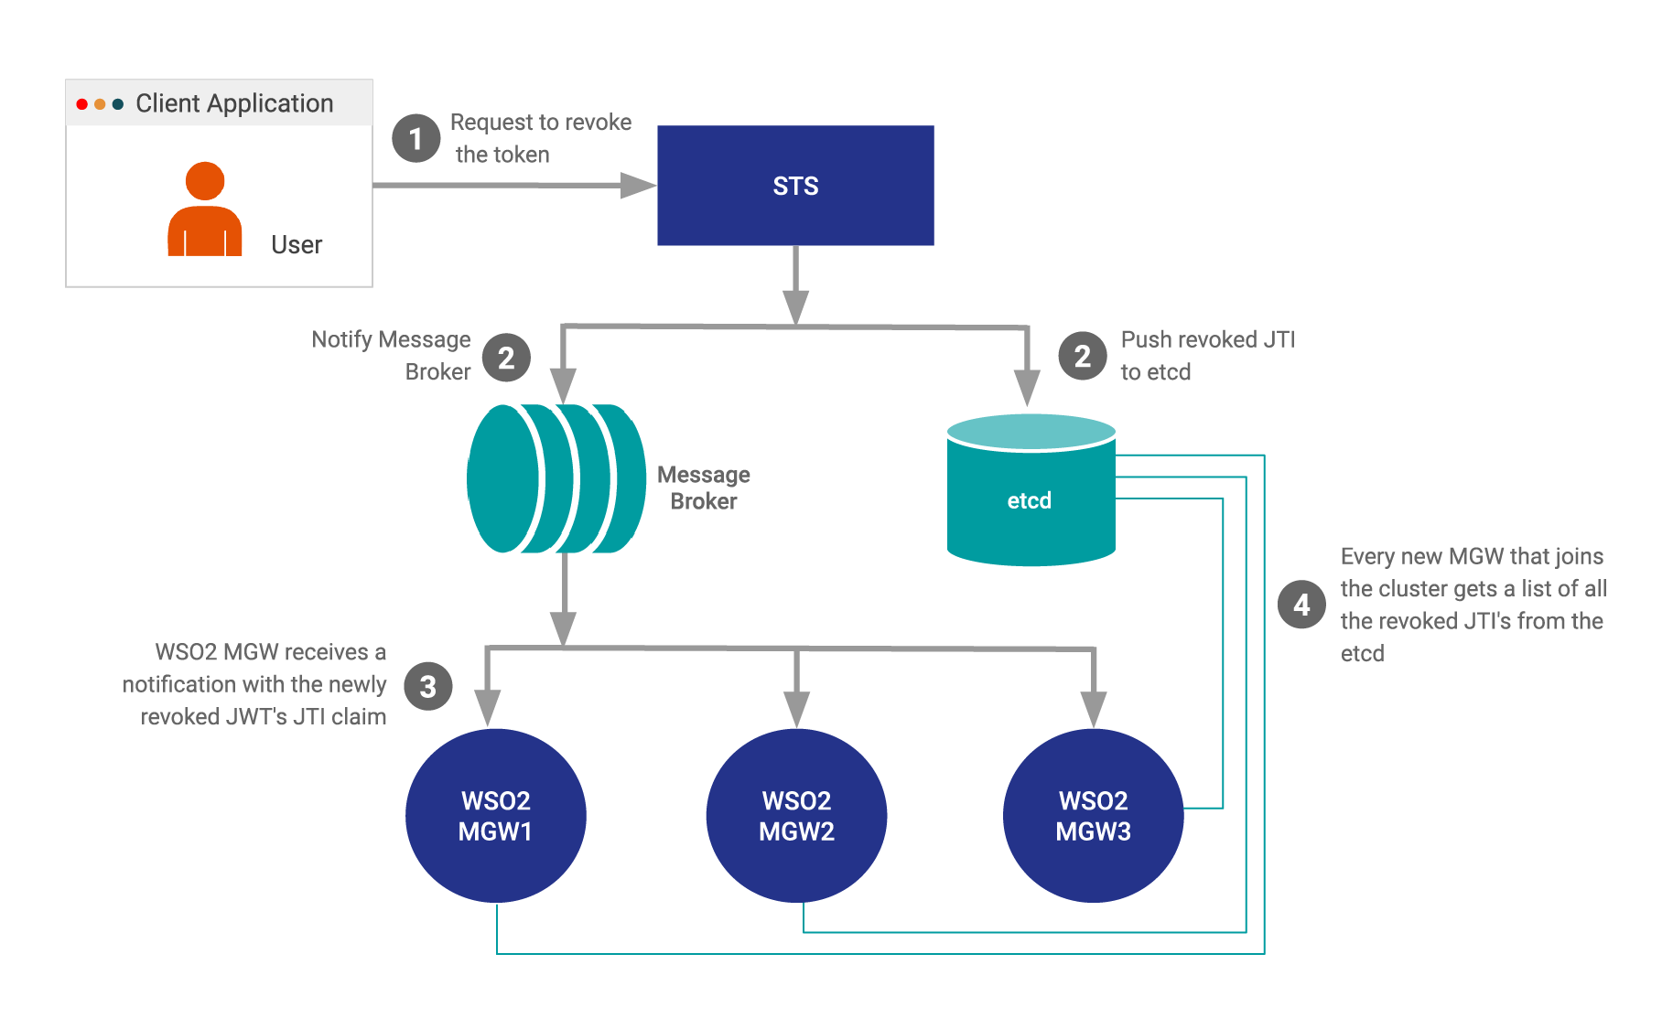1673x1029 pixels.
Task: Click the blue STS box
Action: coord(795,185)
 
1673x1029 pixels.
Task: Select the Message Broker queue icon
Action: coord(556,478)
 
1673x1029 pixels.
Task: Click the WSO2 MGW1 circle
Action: coord(495,815)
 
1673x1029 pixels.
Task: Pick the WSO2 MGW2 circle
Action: coord(796,815)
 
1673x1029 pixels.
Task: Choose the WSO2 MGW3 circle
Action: coord(1093,815)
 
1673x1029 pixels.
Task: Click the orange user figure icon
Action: coord(205,210)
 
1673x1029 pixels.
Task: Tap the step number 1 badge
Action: coord(416,138)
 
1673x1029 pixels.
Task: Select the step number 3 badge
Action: coord(427,686)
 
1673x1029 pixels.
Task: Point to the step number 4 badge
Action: coord(1301,605)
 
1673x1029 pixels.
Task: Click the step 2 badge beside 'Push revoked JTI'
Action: coord(1082,356)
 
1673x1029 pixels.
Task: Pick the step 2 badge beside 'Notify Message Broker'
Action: coord(506,358)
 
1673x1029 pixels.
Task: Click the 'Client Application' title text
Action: coord(234,103)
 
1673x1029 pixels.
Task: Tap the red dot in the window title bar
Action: coord(82,104)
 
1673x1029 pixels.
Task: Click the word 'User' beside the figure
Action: coord(297,245)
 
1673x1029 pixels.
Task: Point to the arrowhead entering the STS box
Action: coord(639,186)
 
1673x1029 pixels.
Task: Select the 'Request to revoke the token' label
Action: coord(540,138)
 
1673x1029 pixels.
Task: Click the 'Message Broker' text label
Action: coord(703,488)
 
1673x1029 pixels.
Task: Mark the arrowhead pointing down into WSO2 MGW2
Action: coord(796,710)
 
